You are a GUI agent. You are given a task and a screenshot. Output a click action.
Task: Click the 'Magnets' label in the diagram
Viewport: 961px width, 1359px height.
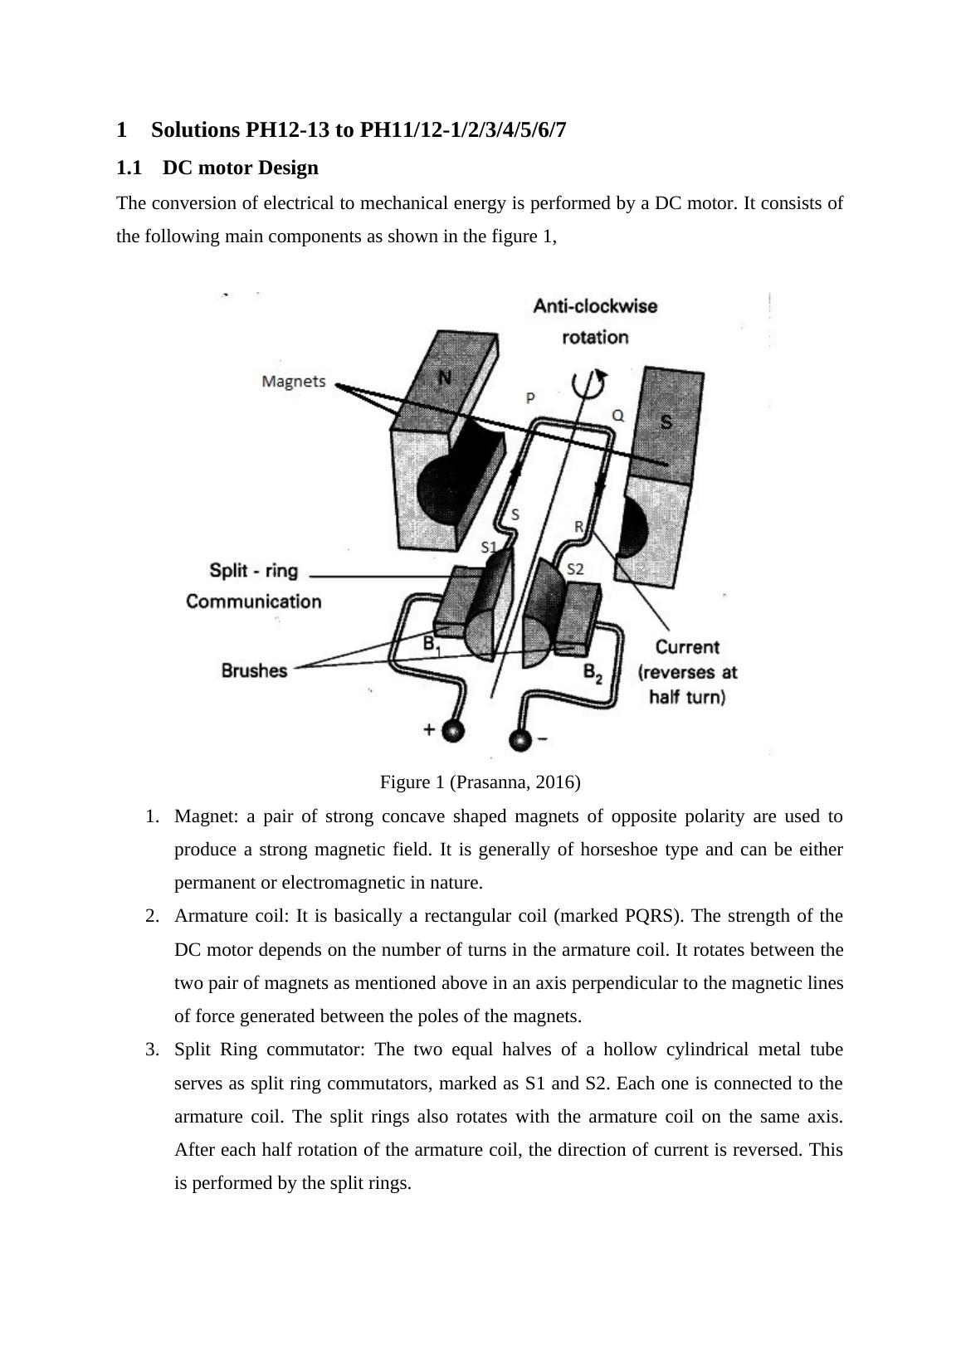[294, 382]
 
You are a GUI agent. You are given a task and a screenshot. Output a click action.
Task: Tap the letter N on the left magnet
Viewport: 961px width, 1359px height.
[445, 377]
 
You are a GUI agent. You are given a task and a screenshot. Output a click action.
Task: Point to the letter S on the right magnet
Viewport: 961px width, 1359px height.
[666, 421]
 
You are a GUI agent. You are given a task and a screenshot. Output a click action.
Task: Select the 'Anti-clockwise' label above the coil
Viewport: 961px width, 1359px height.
[595, 306]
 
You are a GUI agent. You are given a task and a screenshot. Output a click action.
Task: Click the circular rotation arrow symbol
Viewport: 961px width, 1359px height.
[588, 383]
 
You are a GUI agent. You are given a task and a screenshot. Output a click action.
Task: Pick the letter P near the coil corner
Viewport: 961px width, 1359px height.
[530, 398]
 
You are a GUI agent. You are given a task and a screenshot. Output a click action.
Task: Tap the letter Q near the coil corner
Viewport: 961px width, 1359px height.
[617, 416]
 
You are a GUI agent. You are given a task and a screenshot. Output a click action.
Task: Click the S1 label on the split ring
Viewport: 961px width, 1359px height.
[489, 548]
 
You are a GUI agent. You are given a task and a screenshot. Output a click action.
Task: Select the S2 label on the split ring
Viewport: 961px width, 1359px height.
[575, 569]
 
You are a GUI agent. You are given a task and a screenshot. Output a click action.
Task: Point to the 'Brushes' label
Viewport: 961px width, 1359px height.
[254, 670]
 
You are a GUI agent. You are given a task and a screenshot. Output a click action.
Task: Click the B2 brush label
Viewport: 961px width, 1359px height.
[593, 673]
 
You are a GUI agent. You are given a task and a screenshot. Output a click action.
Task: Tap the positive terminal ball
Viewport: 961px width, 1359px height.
[452, 730]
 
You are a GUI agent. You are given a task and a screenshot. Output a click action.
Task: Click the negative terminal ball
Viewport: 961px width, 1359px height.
[520, 740]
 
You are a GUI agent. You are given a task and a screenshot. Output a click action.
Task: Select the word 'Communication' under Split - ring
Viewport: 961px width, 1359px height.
[254, 602]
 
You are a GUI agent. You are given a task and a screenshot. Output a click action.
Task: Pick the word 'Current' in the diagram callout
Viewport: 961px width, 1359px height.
[687, 647]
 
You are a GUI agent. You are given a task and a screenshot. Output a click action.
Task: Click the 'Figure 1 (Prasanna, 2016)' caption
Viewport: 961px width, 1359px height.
[480, 782]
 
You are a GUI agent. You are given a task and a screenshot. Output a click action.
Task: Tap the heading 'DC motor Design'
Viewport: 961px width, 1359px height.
[241, 168]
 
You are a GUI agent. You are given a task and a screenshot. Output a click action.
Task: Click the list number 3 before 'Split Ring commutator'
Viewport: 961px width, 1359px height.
[152, 1050]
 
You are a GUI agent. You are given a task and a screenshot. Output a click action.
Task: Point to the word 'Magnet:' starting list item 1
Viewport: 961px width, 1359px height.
[207, 816]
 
